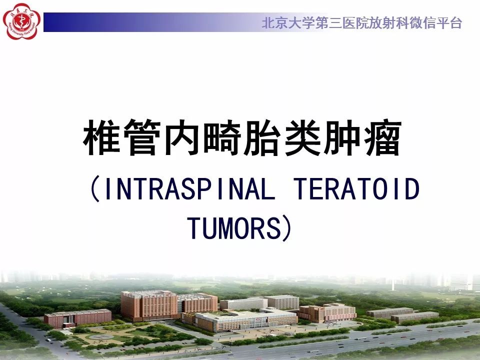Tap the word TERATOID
click(355, 190)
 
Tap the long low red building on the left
click(78, 317)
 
